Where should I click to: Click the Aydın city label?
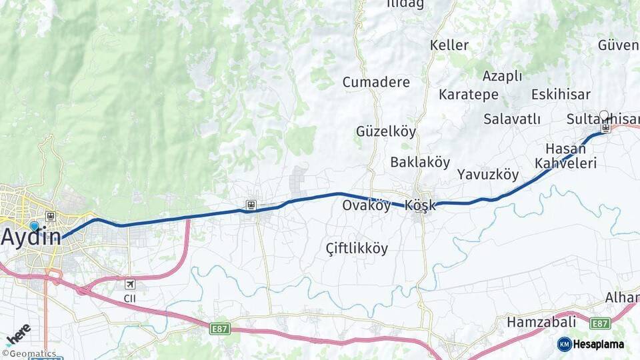tap(31, 236)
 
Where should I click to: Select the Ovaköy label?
tap(366, 205)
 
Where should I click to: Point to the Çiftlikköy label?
tap(357, 248)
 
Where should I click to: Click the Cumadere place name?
tap(376, 82)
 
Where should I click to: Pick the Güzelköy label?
tap(386, 131)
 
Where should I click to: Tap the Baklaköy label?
tap(420, 162)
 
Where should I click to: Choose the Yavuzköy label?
tap(488, 175)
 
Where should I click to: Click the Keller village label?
tap(449, 45)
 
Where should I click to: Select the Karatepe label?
tap(469, 95)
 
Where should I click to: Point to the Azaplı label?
tap(502, 75)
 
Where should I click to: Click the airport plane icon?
tap(129, 284)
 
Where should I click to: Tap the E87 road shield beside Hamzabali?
tap(600, 323)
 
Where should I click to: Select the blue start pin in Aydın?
tap(34, 226)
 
